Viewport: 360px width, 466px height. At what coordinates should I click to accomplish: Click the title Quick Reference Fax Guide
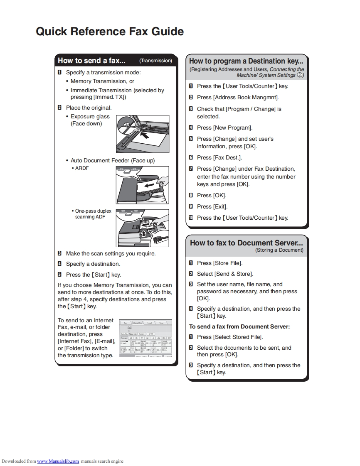click(110, 32)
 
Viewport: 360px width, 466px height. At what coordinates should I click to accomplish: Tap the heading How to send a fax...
click(91, 61)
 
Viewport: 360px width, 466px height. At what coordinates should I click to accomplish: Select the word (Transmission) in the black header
click(155, 61)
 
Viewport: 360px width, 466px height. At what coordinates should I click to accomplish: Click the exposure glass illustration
click(142, 134)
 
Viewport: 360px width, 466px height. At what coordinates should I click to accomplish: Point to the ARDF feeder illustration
click(142, 185)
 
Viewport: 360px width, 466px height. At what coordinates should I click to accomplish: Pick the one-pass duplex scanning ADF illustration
click(142, 228)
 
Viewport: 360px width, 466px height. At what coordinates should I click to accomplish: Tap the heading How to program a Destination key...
click(246, 61)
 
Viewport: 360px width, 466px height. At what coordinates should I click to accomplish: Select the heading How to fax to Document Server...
click(246, 243)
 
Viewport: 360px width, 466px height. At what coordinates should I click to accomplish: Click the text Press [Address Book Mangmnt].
click(238, 97)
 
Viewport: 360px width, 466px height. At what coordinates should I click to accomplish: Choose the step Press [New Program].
click(224, 128)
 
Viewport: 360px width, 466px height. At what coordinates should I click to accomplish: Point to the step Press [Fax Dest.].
click(219, 157)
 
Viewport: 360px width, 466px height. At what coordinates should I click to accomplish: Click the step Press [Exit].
click(212, 206)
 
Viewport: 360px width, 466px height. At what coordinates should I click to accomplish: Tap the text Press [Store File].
click(219, 263)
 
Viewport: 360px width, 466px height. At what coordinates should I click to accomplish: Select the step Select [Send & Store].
click(225, 274)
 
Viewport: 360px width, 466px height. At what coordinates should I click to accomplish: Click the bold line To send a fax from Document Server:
click(239, 326)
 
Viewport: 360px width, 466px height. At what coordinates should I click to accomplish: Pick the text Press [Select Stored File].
click(230, 337)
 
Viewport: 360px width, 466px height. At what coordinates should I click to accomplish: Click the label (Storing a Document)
click(279, 250)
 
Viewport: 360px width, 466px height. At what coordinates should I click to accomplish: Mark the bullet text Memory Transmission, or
click(102, 81)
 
